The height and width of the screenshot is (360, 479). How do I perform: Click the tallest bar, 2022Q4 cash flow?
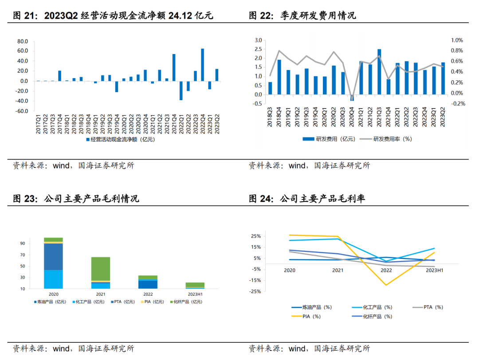[203, 65]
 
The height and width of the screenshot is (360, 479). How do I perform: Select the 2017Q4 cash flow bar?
[59, 76]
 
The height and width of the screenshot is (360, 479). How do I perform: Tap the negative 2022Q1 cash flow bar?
[181, 90]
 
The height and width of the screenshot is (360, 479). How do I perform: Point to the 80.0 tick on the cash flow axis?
[22, 41]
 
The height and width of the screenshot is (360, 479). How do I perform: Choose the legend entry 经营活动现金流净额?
[120, 139]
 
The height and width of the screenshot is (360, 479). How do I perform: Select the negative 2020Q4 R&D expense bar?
[352, 98]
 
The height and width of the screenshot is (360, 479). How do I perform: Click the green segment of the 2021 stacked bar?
[101, 269]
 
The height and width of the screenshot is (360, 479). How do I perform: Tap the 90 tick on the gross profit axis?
[23, 243]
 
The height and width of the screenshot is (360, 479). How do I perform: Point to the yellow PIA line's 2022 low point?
[386, 285]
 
